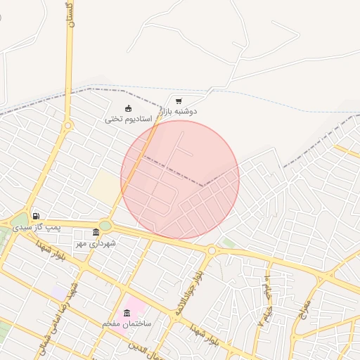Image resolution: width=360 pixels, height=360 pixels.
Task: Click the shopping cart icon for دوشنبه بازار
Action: click(179, 101)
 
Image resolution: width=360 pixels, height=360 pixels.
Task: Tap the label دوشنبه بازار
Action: click(179, 112)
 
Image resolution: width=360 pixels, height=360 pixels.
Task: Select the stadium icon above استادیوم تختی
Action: click(128, 108)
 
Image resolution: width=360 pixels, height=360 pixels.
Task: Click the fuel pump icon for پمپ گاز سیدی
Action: click(35, 216)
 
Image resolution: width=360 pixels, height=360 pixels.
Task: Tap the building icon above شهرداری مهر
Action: click(96, 233)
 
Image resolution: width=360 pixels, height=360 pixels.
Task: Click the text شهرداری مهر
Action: click(96, 243)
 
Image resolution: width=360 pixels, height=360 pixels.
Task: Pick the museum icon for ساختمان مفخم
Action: click(127, 312)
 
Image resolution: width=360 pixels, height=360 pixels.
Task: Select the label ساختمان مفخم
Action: click(127, 323)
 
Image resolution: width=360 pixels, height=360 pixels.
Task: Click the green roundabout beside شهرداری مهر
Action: click(105, 226)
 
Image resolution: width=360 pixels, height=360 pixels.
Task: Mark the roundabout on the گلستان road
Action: click(67, 126)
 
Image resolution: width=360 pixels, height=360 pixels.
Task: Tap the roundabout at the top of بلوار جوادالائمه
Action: click(211, 250)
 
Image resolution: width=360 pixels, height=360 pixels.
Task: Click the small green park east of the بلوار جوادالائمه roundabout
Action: click(226, 243)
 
